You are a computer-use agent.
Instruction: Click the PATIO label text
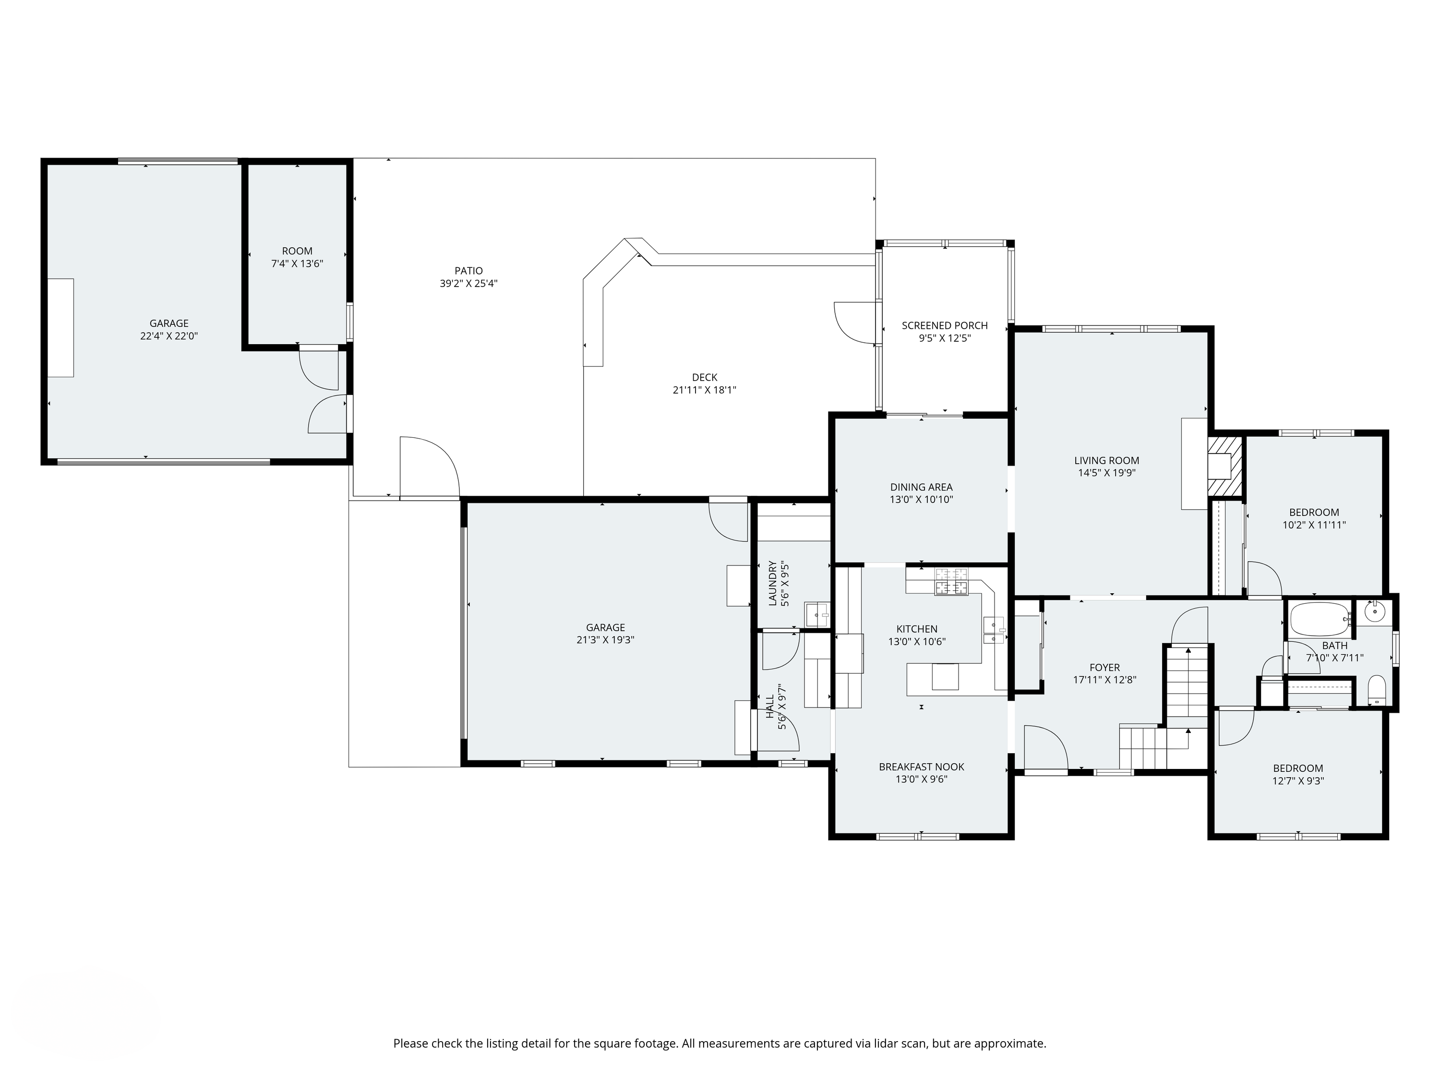[468, 271]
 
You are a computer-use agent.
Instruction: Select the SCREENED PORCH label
[945, 325]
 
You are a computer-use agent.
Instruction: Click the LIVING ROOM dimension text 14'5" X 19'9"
[1107, 473]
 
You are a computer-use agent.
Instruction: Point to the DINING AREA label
[921, 487]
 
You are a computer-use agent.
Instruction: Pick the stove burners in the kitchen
[952, 581]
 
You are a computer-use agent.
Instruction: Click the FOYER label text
[1105, 667]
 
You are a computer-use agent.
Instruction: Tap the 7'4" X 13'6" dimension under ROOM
[297, 264]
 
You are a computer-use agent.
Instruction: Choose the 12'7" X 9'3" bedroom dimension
[1298, 781]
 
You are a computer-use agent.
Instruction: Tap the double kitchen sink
[994, 629]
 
